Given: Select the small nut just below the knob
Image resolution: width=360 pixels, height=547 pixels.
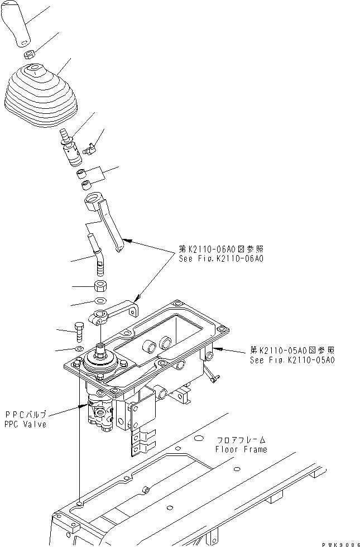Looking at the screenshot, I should click(31, 55).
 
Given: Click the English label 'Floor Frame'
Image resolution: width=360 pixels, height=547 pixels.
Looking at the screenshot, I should click(241, 449).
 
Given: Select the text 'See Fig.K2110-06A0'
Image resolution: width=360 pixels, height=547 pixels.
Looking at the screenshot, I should click(221, 259).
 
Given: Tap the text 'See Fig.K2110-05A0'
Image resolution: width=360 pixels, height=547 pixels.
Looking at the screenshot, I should click(292, 360).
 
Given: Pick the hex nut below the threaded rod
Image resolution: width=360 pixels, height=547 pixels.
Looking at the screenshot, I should click(100, 287).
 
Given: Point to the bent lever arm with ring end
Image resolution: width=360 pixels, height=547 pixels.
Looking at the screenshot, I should click(106, 220).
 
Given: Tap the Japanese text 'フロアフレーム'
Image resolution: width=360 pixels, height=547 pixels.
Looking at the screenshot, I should click(241, 440).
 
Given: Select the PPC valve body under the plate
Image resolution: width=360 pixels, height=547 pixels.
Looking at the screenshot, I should click(102, 416).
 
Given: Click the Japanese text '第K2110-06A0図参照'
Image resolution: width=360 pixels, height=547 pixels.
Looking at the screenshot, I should click(221, 249).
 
